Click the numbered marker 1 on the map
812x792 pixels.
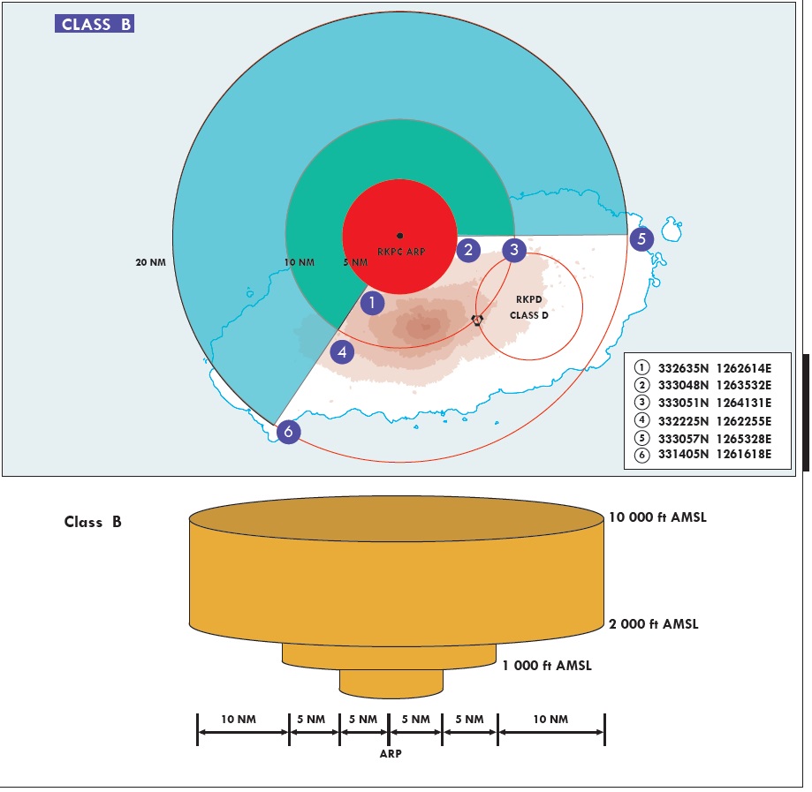click(373, 303)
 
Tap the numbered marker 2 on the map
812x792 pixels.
click(468, 250)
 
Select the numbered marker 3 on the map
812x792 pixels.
click(514, 250)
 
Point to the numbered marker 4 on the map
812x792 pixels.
click(342, 352)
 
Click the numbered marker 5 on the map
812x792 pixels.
click(641, 238)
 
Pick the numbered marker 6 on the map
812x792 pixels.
click(288, 433)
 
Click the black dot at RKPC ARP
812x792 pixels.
click(400, 236)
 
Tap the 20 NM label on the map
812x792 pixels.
click(152, 262)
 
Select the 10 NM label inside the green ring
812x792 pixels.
click(300, 262)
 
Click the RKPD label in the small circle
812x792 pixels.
click(528, 299)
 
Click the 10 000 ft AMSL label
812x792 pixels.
click(657, 517)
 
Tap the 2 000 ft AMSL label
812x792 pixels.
click(654, 624)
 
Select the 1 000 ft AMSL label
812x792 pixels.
click(547, 666)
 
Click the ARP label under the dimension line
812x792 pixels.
click(391, 755)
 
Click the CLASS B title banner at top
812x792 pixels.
click(96, 25)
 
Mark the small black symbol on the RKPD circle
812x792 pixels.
click(477, 320)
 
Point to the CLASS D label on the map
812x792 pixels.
click(529, 315)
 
